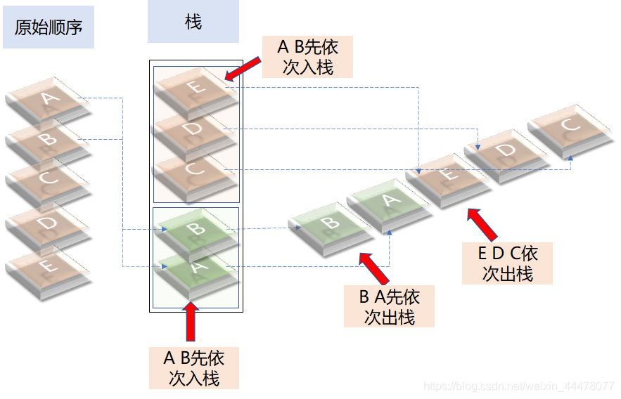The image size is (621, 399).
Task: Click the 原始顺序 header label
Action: pos(49,28)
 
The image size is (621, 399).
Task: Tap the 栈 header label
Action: pos(193,22)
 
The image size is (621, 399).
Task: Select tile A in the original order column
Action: pos(48,100)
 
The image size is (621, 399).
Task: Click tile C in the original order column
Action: pos(48,178)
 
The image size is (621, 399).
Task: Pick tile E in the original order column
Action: pos(48,268)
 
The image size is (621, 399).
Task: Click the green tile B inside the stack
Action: pos(196,228)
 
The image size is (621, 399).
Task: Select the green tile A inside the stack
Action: pos(196,267)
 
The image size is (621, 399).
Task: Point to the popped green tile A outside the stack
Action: pos(389,202)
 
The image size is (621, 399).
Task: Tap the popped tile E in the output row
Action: pos(448,175)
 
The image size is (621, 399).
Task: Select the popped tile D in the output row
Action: pos(504,151)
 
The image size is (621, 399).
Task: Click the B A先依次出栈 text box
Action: pos(389,306)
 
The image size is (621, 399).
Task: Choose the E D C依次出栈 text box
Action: pos(507,263)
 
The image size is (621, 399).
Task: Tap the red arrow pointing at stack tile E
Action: pos(243,70)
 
